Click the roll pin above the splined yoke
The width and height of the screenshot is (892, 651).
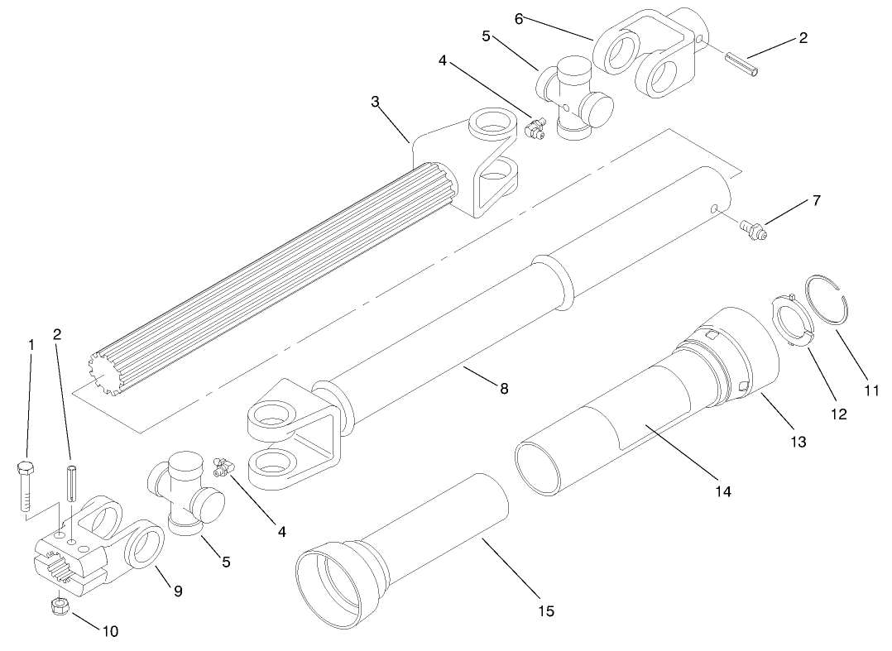pyautogui.click(x=71, y=483)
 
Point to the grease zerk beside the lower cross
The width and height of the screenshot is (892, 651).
pyautogui.click(x=221, y=468)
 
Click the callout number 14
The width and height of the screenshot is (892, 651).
pyautogui.click(x=723, y=491)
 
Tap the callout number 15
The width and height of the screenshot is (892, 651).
pyautogui.click(x=544, y=611)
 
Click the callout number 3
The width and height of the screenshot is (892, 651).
pyautogui.click(x=375, y=101)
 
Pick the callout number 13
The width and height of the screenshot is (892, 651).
pyautogui.click(x=798, y=443)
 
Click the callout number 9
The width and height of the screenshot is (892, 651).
pyautogui.click(x=177, y=591)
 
